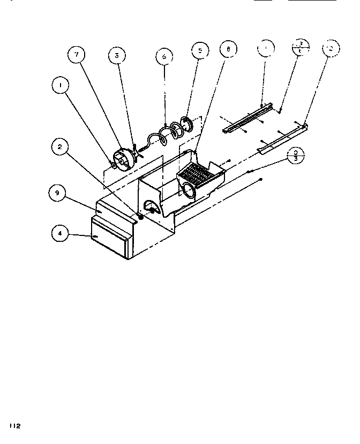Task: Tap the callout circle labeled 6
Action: point(164,56)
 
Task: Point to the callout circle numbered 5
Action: point(200,52)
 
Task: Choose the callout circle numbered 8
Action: point(228,50)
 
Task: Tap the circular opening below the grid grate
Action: point(190,190)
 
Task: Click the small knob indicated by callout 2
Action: point(140,216)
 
